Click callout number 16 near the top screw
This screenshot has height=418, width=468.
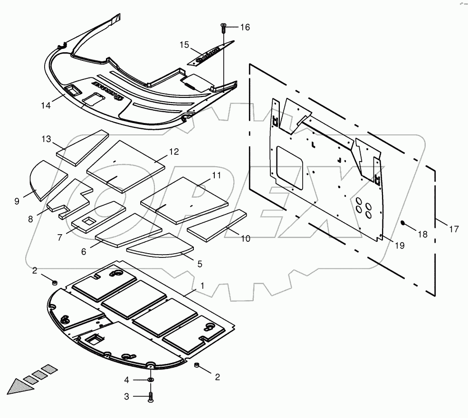click(244, 28)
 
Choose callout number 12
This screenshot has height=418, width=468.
click(174, 152)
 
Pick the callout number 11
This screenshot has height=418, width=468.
click(216, 175)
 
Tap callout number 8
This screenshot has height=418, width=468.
click(30, 219)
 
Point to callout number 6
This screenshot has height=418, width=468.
click(84, 252)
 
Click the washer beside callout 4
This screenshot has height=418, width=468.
click(151, 380)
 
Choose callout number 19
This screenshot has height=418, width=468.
click(399, 245)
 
